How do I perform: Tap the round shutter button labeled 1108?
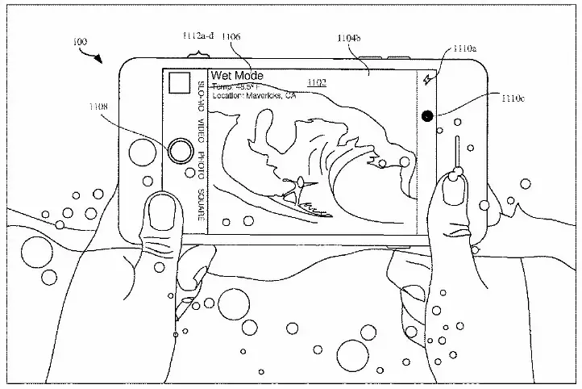(x=181, y=150)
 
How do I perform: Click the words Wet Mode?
(x=237, y=76)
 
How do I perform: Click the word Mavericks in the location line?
(x=268, y=95)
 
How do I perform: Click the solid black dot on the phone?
(x=426, y=115)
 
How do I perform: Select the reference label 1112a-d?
(x=197, y=36)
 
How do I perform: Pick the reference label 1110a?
(x=465, y=48)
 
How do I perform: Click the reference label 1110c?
(x=513, y=100)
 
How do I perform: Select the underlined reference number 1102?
(x=318, y=82)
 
